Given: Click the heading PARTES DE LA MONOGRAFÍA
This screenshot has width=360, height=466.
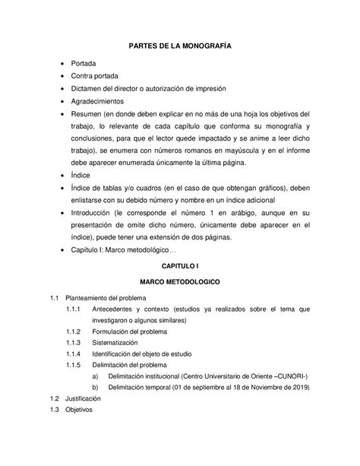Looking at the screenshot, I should [180, 46].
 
